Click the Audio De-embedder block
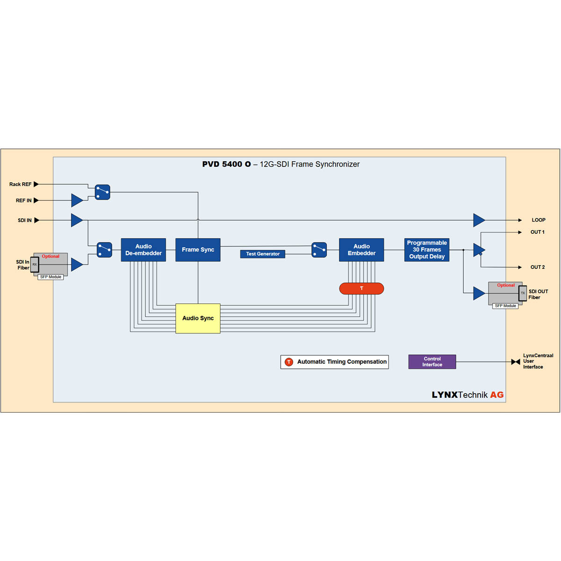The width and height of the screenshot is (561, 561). pyautogui.click(x=143, y=250)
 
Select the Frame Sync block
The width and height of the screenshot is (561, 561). pyautogui.click(x=198, y=250)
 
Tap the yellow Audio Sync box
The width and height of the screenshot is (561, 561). pyautogui.click(x=198, y=318)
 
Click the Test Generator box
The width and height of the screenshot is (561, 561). pyautogui.click(x=263, y=254)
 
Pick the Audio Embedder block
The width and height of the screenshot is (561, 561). pyautogui.click(x=361, y=250)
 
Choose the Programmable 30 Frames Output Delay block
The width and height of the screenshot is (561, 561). pyautogui.click(x=426, y=250)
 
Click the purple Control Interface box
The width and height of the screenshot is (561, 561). pyautogui.click(x=432, y=362)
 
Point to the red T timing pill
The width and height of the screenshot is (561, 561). pyautogui.click(x=361, y=288)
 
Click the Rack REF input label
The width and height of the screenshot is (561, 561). pyautogui.click(x=20, y=184)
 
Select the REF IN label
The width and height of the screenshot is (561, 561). pyautogui.click(x=23, y=201)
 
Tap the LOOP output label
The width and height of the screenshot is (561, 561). pyautogui.click(x=538, y=220)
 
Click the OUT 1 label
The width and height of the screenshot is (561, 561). pyautogui.click(x=537, y=232)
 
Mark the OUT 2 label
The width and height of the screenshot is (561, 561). pyautogui.click(x=537, y=267)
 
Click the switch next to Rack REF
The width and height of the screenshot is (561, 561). pyautogui.click(x=102, y=192)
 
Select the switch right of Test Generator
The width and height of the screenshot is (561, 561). pyautogui.click(x=319, y=250)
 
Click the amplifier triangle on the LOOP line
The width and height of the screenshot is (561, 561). pyautogui.click(x=478, y=220)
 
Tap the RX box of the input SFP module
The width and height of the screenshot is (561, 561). pyautogui.click(x=35, y=265)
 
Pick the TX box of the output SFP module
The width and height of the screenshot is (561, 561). pyautogui.click(x=523, y=293)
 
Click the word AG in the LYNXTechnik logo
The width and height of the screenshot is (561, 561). pyautogui.click(x=496, y=395)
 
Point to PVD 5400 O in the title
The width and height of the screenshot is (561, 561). pyautogui.click(x=226, y=164)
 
